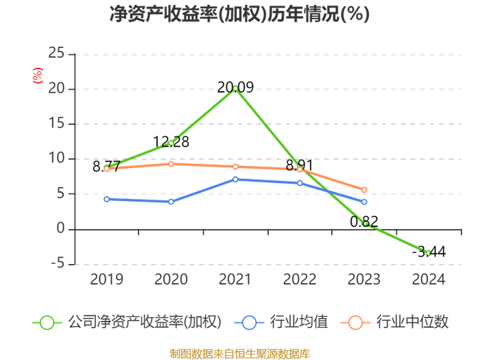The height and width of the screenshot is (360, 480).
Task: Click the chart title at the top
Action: pos(240,14)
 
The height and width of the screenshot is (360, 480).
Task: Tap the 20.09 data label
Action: pos(235,88)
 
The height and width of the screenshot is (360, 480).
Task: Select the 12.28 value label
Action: pos(171,142)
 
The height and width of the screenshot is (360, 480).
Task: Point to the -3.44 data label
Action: pos(429,252)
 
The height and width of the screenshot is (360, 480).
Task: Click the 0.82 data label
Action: pos(364,221)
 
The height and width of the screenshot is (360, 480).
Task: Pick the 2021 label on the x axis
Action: pos(235,279)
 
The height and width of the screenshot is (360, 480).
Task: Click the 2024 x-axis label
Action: pos(429,279)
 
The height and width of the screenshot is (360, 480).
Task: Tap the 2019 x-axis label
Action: pos(106,279)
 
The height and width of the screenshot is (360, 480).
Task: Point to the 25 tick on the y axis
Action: pos(56,53)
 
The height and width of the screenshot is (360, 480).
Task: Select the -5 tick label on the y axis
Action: pos(58,263)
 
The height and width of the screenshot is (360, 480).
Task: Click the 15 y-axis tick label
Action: pos(56,123)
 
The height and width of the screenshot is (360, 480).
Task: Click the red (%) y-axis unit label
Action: pos(38,75)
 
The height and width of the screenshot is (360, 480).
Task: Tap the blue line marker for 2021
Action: pos(235,180)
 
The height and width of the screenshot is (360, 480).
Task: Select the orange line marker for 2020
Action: pos(171,164)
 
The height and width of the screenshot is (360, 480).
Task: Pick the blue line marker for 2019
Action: pos(106,200)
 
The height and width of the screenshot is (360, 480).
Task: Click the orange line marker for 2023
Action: pos(364,190)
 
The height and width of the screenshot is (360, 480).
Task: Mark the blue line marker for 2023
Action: pos(364,202)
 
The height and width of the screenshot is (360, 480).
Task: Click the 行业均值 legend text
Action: pos(299,322)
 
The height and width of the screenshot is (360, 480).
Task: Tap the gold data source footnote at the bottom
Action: pos(240,354)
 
